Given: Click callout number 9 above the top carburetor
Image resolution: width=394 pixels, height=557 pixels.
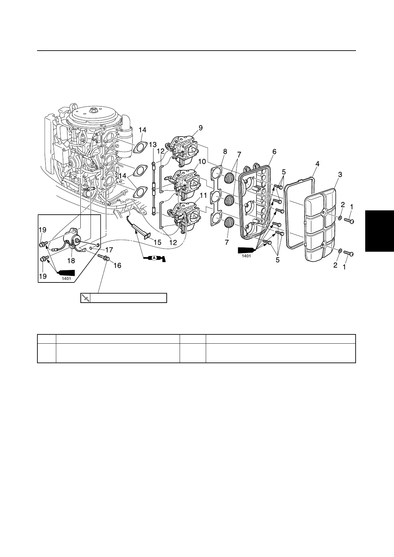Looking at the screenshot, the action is pos(201,128).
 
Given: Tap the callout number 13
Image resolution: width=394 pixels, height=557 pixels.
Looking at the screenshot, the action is pos(153,145).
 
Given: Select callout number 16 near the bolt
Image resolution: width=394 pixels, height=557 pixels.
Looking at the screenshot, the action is pos(117,265).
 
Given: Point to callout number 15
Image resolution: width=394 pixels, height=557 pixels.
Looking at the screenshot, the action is pos(157,242).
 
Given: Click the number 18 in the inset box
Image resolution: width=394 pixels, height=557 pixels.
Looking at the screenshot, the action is pos(71,261).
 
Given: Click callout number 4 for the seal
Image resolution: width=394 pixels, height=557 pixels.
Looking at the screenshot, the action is pos(317,163).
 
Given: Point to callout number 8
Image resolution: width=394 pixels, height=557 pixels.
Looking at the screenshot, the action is pos(225,151).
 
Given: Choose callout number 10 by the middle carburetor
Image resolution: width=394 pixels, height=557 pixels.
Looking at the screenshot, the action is pos(202,161).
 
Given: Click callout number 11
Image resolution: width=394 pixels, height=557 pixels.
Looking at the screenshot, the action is pos(203,195).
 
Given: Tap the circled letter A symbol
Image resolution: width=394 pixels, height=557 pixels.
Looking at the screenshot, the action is pos(154,259).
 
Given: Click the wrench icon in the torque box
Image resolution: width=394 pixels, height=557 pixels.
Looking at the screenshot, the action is pos(86,298).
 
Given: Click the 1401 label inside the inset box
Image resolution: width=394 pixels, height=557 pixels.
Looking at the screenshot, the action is pos(66,278).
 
